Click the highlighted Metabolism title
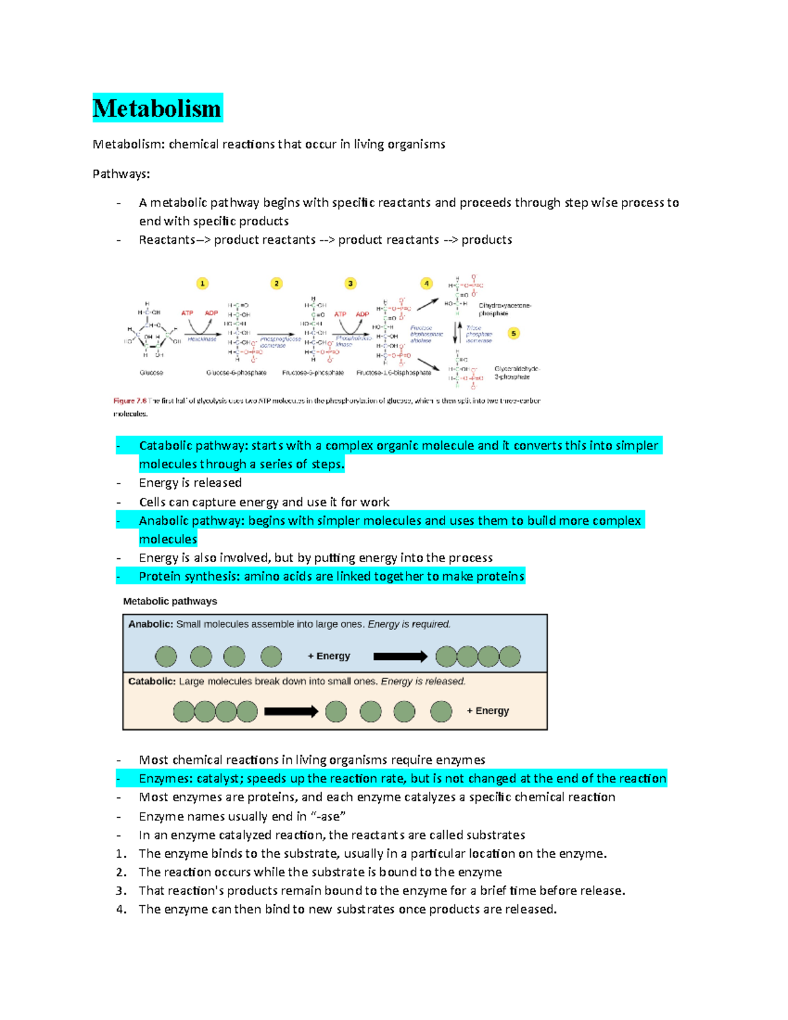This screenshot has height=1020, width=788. click(157, 108)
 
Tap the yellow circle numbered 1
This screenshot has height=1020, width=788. click(202, 283)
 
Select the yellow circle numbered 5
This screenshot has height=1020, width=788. click(514, 334)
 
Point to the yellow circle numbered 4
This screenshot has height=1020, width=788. click(427, 283)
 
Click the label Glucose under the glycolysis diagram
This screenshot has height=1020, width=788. click(151, 372)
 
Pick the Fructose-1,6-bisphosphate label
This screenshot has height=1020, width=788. click(393, 372)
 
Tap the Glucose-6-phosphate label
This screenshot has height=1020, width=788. click(236, 372)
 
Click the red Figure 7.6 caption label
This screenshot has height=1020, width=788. click(129, 401)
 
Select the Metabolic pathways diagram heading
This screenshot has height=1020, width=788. click(170, 601)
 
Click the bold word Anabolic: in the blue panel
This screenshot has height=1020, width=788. click(150, 624)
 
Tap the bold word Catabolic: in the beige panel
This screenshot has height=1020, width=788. click(152, 681)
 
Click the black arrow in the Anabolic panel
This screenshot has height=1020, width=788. click(400, 656)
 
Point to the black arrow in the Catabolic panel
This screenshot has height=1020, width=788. click(291, 711)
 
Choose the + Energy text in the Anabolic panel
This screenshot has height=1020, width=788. click(329, 656)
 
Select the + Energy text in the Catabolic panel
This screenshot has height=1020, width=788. click(488, 711)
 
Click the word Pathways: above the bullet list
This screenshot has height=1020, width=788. click(121, 174)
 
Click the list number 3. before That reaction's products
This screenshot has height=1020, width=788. click(121, 891)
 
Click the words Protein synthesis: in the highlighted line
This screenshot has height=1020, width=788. click(189, 576)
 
